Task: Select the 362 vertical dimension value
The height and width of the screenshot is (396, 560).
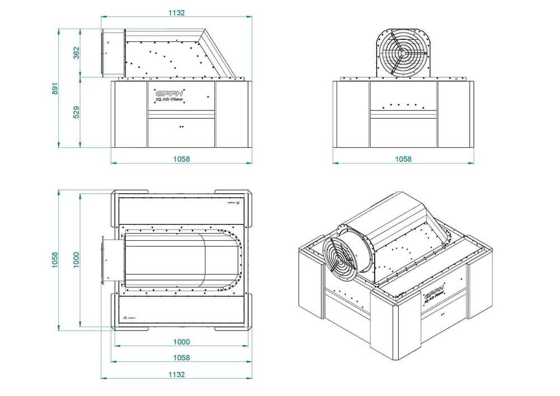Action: [77, 52]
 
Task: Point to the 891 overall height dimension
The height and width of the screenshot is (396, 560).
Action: [55, 89]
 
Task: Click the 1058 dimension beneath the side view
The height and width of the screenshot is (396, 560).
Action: [181, 159]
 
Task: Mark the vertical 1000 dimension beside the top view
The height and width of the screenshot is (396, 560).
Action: [77, 259]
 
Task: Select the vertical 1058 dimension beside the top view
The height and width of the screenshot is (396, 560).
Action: [55, 259]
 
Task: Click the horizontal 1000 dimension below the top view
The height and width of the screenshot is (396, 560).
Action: [181, 342]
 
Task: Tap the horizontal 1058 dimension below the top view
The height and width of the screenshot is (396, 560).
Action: [181, 357]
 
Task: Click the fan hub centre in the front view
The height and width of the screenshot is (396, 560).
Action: [402, 54]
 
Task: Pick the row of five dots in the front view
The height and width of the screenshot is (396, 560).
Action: [402, 105]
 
